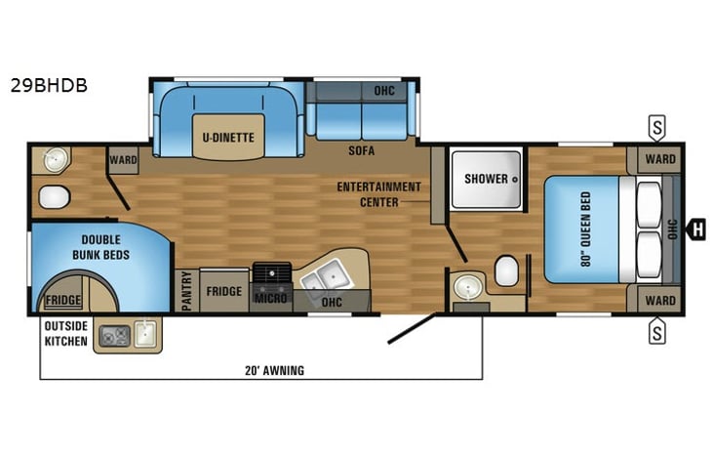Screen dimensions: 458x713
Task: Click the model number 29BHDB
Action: [x=49, y=85]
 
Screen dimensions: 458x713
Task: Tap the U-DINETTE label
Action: [x=228, y=138]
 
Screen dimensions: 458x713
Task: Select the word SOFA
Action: [x=362, y=151]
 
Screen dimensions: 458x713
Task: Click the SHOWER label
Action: [x=486, y=179]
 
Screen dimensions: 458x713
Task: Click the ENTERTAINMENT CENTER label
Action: [x=379, y=194]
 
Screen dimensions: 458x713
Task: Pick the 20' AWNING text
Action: [x=276, y=370]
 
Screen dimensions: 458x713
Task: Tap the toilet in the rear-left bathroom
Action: [x=54, y=198]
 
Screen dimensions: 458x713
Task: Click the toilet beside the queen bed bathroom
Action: [x=506, y=271]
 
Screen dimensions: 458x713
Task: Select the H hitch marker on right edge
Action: [x=696, y=229]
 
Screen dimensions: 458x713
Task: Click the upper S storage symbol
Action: [x=658, y=127]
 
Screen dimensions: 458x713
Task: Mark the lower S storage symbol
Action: [x=658, y=332]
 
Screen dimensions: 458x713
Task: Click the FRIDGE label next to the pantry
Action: [x=224, y=291]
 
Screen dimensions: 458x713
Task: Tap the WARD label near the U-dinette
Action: [x=123, y=159]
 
